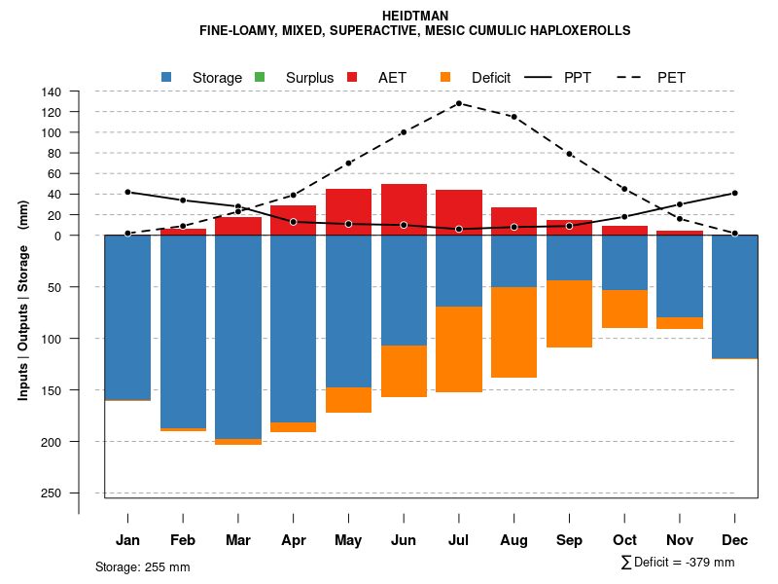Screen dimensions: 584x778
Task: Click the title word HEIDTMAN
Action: pyautogui.click(x=415, y=16)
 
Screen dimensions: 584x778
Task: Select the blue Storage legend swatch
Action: pyautogui.click(x=166, y=77)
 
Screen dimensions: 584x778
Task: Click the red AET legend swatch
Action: pyautogui.click(x=352, y=77)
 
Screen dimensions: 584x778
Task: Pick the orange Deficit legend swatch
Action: pyautogui.click(x=445, y=77)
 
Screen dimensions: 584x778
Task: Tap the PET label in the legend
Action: pyautogui.click(x=671, y=77)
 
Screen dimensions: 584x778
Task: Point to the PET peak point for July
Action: pyautogui.click(x=458, y=103)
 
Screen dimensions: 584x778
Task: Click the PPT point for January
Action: pyautogui.click(x=127, y=192)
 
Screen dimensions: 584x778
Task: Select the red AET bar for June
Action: pyautogui.click(x=404, y=209)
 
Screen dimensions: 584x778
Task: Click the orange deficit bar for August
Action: pyautogui.click(x=513, y=332)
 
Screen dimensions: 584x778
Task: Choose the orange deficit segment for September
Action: pyautogui.click(x=569, y=313)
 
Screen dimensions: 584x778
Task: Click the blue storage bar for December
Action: pyautogui.click(x=734, y=296)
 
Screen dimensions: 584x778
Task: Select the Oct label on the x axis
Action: pyautogui.click(x=624, y=540)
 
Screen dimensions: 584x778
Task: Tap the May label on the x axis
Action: pyautogui.click(x=348, y=540)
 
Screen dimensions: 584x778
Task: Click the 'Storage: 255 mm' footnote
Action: pyautogui.click(x=143, y=566)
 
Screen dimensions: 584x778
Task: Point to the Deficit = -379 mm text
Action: pyautogui.click(x=678, y=563)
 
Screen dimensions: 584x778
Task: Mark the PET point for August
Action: pyautogui.click(x=513, y=117)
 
